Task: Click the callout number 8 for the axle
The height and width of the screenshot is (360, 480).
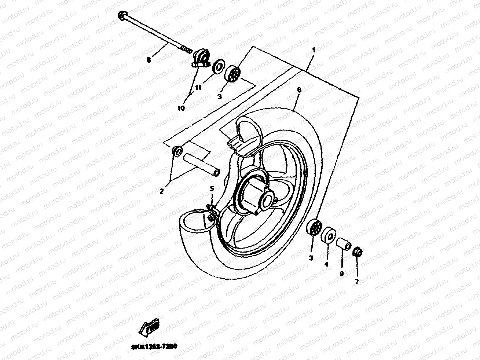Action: [x=149, y=60]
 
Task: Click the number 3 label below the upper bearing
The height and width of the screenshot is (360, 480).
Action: [x=220, y=96]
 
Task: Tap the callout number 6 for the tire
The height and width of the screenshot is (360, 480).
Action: [x=299, y=89]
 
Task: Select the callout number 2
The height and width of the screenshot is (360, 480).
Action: [x=161, y=191]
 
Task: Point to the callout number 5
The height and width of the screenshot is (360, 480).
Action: [x=212, y=188]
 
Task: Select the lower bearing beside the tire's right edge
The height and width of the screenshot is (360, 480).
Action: [x=313, y=229]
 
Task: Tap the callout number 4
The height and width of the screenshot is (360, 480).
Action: [x=326, y=264]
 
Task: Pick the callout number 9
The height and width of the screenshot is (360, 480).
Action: [x=341, y=273]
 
